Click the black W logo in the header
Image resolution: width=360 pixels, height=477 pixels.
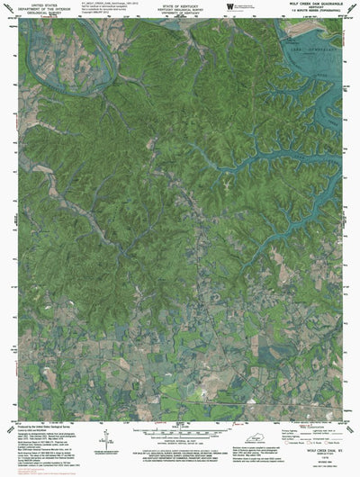pos(232,7)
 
